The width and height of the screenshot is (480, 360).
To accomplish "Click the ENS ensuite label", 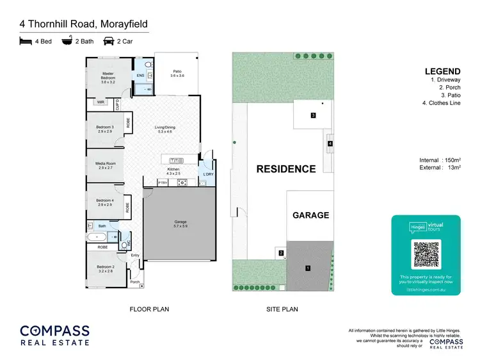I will (x=141, y=76).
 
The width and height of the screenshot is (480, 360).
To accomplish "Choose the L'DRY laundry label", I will (x=207, y=174).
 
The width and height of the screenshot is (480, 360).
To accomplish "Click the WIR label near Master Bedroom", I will (x=100, y=102).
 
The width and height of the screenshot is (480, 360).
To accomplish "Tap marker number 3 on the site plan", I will (x=313, y=115).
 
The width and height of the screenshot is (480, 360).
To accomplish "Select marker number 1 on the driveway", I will (x=308, y=268).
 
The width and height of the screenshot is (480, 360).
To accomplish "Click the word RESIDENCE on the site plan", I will (x=286, y=169).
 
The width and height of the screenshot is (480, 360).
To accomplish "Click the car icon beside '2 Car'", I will (x=109, y=41).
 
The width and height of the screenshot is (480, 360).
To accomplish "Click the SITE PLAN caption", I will (x=282, y=309).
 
